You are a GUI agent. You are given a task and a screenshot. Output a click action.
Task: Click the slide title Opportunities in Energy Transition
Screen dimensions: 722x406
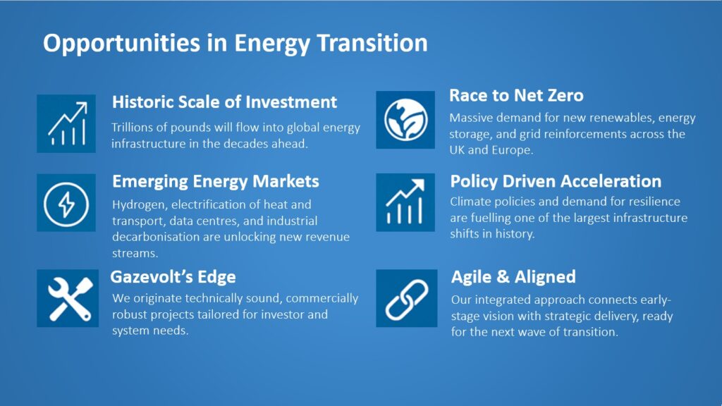tap(235, 44)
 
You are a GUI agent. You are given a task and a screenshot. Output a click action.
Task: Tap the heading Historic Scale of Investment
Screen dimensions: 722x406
tap(224, 101)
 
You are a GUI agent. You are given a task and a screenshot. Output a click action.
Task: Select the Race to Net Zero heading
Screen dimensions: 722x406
tap(516, 95)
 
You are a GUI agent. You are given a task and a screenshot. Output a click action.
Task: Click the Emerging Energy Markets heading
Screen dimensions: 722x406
tap(216, 182)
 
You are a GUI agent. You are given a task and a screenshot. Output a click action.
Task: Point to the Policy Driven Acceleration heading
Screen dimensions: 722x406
tap(556, 181)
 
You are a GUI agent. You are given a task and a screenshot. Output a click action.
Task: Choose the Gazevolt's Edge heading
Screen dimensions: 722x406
tap(173, 277)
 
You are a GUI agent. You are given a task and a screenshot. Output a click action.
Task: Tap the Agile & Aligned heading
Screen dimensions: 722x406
tap(513, 276)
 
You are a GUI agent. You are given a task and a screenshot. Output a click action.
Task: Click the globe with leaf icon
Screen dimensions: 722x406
tap(405, 120)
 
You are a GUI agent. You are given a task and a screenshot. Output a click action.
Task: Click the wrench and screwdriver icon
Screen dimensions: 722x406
tap(68, 298)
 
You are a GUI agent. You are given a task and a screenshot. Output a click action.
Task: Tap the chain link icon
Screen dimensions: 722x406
tap(407, 298)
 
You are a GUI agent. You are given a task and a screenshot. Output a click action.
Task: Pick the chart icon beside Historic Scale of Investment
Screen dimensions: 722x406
tap(66, 123)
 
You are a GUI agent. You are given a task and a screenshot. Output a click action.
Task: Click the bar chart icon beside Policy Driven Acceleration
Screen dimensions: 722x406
tap(405, 202)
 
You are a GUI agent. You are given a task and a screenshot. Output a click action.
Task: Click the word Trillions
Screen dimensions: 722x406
tap(132, 128)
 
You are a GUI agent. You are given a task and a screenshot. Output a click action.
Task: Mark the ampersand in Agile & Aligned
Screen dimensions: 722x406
tap(503, 276)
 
